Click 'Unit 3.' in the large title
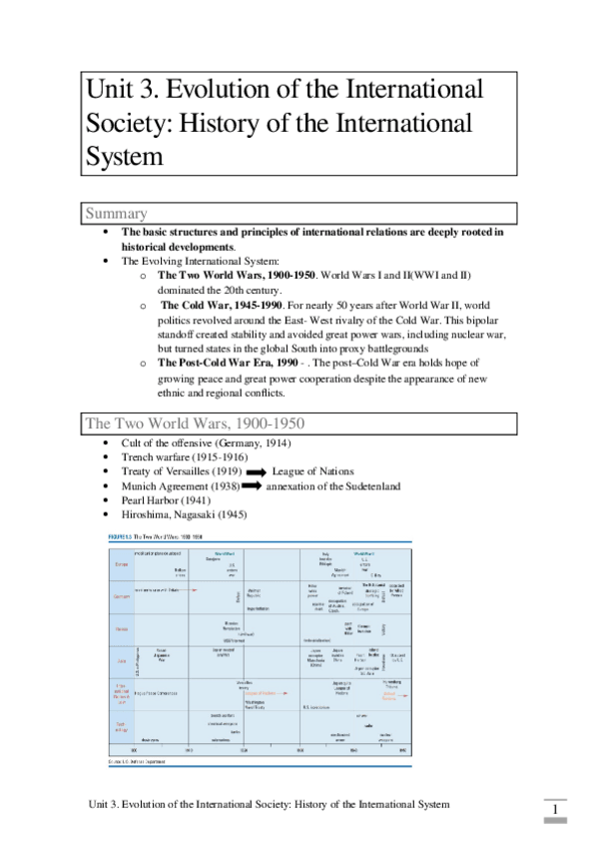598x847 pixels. coord(118,89)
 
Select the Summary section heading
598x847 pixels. coord(117,214)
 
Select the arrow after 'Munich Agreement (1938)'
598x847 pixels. coord(247,486)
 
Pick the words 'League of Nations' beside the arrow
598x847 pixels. coord(312,471)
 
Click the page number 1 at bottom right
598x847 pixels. coord(553,808)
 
